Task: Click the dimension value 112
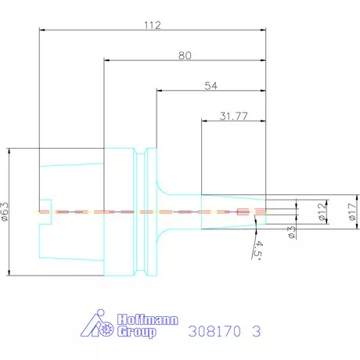click(152, 26)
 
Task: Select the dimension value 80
click(185, 56)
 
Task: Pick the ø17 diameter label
click(351, 211)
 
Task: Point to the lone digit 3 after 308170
click(256, 331)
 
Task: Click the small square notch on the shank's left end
click(45, 211)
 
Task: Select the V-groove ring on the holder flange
click(142, 211)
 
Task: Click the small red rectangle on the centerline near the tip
click(242, 211)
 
